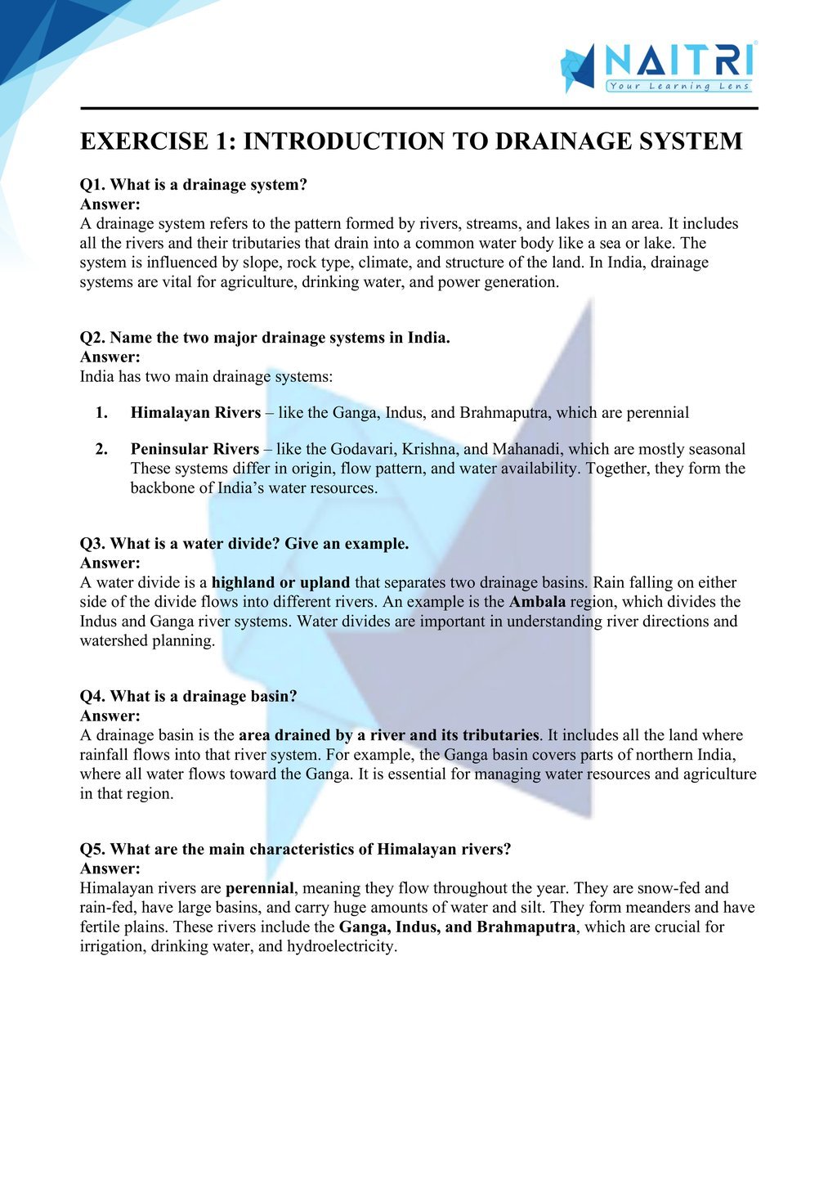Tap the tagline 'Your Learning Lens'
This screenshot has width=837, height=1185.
click(678, 86)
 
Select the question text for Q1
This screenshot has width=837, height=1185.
click(208, 185)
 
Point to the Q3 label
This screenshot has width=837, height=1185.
click(92, 544)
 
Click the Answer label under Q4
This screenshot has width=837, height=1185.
click(110, 716)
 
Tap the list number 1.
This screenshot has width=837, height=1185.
click(101, 413)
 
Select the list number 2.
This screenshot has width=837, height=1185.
click(101, 449)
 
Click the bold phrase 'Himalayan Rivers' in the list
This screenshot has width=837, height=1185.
click(195, 413)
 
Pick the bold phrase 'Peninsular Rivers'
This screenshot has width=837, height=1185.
click(195, 449)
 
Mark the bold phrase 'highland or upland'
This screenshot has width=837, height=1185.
click(280, 583)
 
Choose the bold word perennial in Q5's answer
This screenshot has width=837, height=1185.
click(259, 888)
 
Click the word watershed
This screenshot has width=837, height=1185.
click(114, 641)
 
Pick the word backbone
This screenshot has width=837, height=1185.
click(163, 488)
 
